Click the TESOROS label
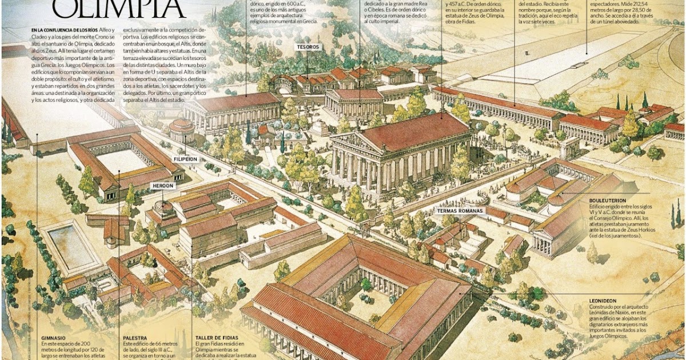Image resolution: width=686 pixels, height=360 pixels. click(309, 47)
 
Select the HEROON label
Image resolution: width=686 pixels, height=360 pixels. click(162, 186)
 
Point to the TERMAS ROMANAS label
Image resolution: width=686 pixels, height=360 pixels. click(460, 210)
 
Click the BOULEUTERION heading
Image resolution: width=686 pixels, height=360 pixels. click(610, 201)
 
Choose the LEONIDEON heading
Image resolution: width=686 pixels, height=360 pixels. click(604, 300)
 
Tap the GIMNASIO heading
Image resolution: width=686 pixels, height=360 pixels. click(54, 338)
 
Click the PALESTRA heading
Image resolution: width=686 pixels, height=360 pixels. click(135, 338)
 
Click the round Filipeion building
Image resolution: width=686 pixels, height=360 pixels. click(182, 130)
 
